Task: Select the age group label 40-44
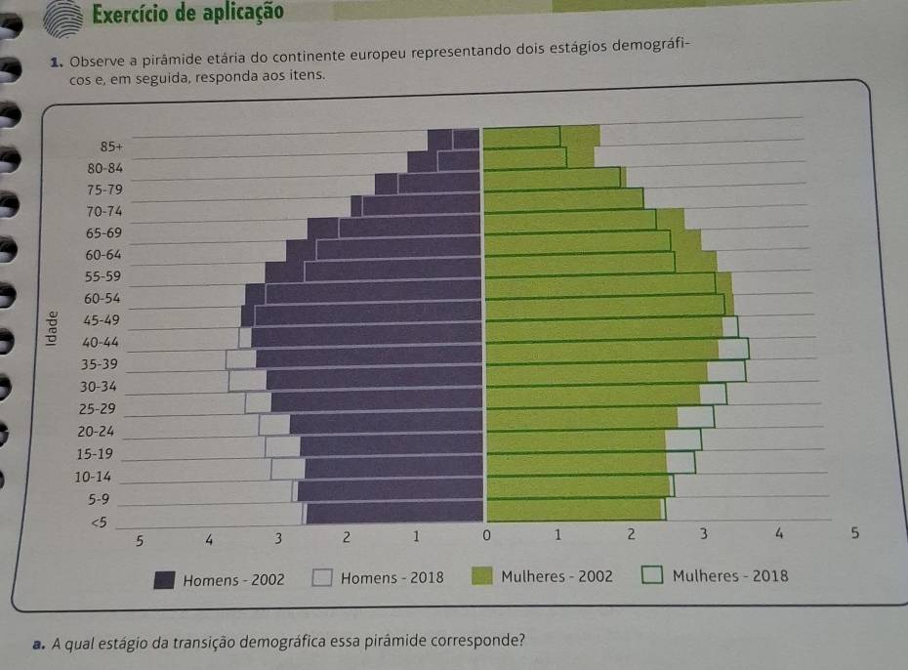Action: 101,342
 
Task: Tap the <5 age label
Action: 98,521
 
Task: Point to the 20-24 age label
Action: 96,431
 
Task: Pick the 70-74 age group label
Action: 104,211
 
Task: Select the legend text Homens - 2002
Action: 233,578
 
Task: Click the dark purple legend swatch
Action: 165,579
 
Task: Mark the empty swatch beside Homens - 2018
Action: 322,577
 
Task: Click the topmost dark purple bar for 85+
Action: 454,139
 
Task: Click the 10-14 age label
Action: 94,476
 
